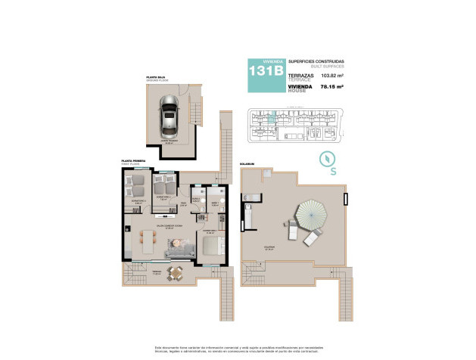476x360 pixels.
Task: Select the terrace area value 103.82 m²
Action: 333,76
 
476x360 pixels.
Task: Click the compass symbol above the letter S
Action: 327,160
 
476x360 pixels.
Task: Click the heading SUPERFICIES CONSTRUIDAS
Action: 316,61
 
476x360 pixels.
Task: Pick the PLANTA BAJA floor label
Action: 157,76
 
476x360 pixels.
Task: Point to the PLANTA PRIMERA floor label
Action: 134,160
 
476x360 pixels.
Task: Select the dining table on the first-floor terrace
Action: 176,271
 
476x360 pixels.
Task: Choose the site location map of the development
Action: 295,125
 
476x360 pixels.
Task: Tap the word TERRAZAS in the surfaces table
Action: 300,74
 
